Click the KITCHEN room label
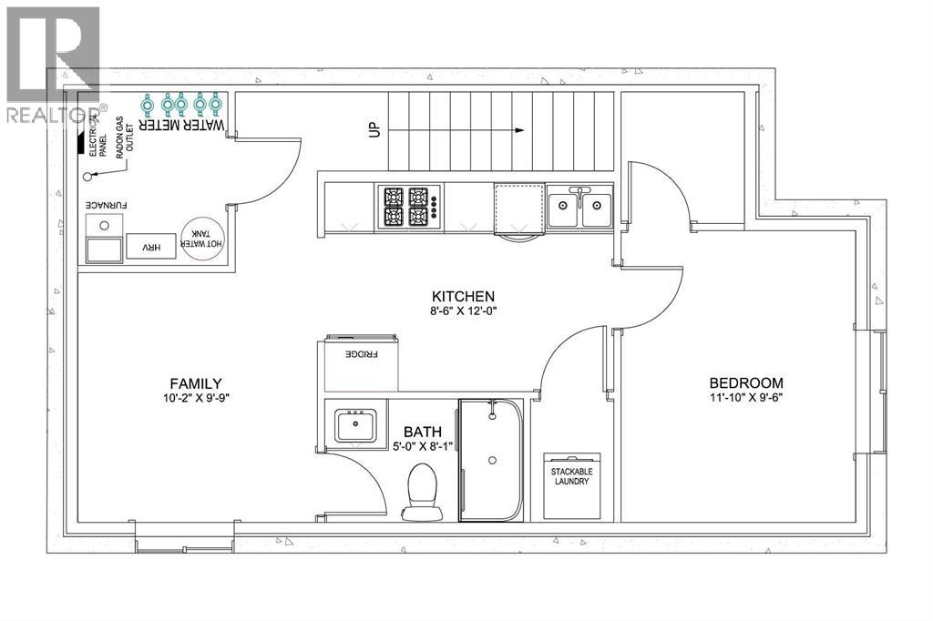coord(463,296)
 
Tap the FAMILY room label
coord(196,383)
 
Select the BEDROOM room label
coord(746,382)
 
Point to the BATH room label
coord(423,432)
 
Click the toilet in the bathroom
coord(422,492)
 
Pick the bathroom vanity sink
coord(356,425)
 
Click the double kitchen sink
coord(579,206)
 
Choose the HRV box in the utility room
coord(151,246)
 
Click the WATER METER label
coord(182,125)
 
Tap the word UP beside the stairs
coord(374,129)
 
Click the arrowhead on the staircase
coord(520,130)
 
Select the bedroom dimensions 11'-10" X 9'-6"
coord(746,397)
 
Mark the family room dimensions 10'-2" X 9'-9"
coord(196,399)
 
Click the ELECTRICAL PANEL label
coord(98,137)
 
